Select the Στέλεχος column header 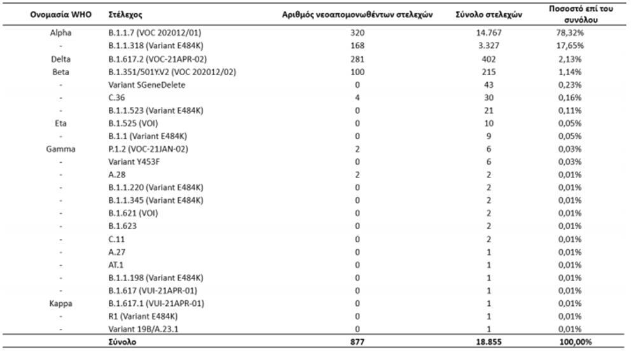pyautogui.click(x=125, y=14)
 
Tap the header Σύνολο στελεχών pyautogui.click(x=488, y=14)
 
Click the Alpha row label pyautogui.click(x=60, y=32)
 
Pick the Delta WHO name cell pyautogui.click(x=60, y=59)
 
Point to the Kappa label pyautogui.click(x=60, y=303)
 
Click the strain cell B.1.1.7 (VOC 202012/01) pyautogui.click(x=155, y=32)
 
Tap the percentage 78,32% pyautogui.click(x=570, y=32)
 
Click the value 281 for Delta pyautogui.click(x=357, y=59)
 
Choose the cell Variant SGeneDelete pyautogui.click(x=147, y=85)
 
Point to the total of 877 pyautogui.click(x=357, y=342)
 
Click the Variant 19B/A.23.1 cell pyautogui.click(x=148, y=329)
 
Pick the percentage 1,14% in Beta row pyautogui.click(x=570, y=71)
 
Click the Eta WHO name pyautogui.click(x=60, y=123)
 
